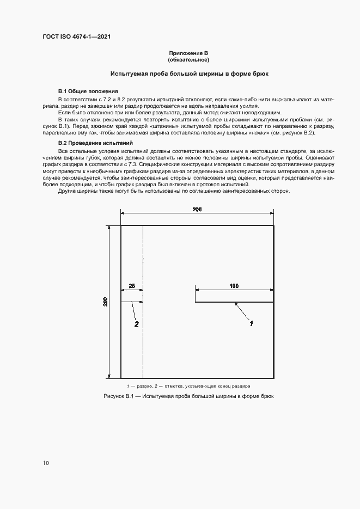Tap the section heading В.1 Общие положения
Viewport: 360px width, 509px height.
88,90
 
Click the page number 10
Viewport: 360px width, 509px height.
46,463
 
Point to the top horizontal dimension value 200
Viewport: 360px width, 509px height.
197,210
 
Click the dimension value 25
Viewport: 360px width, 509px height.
132,285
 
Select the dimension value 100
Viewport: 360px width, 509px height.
234,285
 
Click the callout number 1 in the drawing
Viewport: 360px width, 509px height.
252,324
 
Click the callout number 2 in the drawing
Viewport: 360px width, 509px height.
137,324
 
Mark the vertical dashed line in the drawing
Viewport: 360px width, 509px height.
143,338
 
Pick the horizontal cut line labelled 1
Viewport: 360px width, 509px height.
234,302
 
